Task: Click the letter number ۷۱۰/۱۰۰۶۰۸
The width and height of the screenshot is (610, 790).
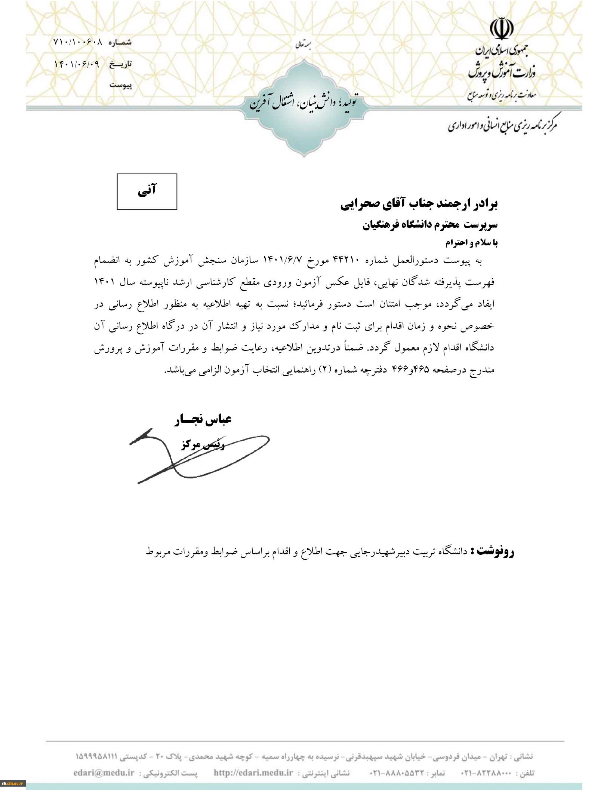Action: pos(78,42)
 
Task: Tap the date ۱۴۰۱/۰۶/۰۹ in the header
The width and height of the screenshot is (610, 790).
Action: pos(77,64)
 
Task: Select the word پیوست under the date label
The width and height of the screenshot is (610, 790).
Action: pos(121,85)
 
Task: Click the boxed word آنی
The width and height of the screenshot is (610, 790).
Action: pos(147,191)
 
